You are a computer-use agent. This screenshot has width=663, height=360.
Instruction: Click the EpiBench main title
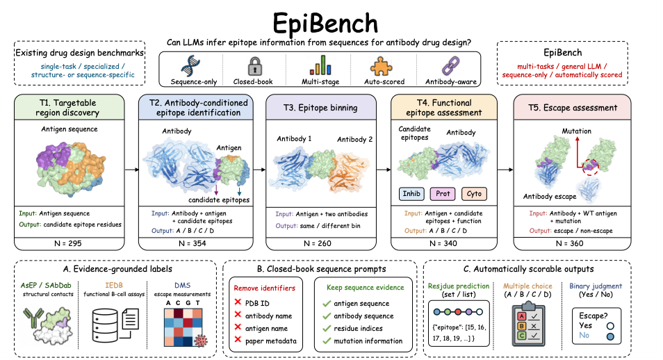tap(325, 23)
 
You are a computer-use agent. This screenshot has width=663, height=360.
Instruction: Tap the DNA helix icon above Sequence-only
tap(190, 65)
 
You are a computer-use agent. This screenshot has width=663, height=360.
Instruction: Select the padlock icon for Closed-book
tap(254, 66)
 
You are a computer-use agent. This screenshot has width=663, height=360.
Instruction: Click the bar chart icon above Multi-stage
tap(320, 65)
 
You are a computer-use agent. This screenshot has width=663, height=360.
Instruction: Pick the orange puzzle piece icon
tap(381, 66)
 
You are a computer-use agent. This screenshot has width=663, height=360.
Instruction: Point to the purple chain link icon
tap(450, 66)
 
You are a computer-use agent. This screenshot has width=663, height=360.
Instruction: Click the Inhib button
tap(411, 194)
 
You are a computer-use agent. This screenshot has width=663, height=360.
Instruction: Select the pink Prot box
tap(443, 194)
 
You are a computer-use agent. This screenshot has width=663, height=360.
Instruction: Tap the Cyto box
tap(474, 194)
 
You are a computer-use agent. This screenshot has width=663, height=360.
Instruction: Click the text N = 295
tap(67, 243)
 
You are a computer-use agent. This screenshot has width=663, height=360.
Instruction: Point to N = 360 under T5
tap(569, 243)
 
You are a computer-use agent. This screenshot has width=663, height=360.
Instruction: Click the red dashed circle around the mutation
tap(590, 167)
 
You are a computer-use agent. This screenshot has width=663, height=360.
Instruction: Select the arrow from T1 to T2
tap(132, 170)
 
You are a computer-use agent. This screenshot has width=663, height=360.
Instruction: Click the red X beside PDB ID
tap(238, 302)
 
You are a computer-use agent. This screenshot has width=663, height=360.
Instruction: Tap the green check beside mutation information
tap(327, 341)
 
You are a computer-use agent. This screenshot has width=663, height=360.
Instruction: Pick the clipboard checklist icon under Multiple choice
tap(529, 325)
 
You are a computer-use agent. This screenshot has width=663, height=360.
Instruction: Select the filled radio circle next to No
tap(610, 337)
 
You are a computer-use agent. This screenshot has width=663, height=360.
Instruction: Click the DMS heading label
tap(182, 286)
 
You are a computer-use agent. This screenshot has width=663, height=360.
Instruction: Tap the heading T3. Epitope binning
tap(320, 108)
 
